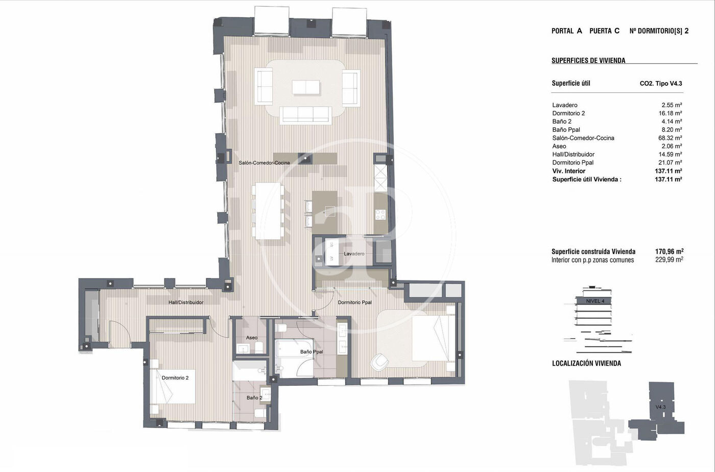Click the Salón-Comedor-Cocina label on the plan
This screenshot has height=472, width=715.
pyautogui.click(x=265, y=163)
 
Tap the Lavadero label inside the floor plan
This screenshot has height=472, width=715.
pyautogui.click(x=354, y=254)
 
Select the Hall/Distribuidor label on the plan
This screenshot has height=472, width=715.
pyautogui.click(x=186, y=302)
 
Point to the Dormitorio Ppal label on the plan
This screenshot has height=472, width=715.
pyautogui.click(x=354, y=302)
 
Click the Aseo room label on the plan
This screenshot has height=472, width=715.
pyautogui.click(x=251, y=338)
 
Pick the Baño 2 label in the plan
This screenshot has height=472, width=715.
pyautogui.click(x=254, y=398)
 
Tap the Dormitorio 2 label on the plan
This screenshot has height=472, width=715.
pyautogui.click(x=175, y=378)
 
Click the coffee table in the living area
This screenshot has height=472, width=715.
pyautogui.click(x=306, y=87)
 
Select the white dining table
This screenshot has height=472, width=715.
pyautogui.click(x=268, y=211)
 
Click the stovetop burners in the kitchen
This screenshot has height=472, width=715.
pyautogui.click(x=380, y=214)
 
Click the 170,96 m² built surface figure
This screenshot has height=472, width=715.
pyautogui.click(x=669, y=252)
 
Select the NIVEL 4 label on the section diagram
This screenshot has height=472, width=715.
pyautogui.click(x=595, y=301)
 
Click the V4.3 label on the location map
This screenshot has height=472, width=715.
pyautogui.click(x=660, y=407)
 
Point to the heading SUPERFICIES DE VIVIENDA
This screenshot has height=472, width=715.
pyautogui.click(x=588, y=61)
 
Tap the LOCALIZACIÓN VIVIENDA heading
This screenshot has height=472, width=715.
pyautogui.click(x=586, y=363)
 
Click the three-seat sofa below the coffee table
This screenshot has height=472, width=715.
pyautogui.click(x=306, y=115)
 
